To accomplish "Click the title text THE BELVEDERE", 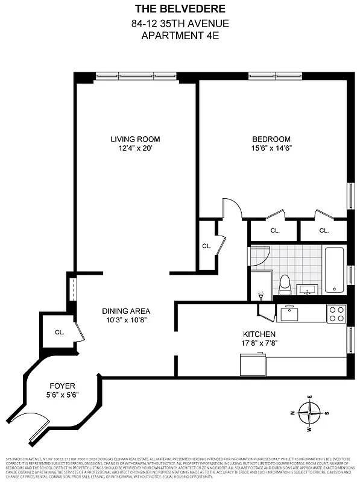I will point(180,9).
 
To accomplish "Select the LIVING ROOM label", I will point(135,139).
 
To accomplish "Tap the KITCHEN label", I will point(259,334).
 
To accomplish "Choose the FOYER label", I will point(63,386).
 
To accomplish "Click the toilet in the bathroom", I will point(285,284).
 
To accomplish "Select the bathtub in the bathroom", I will point(335,269).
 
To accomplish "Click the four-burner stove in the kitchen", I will point(336,313).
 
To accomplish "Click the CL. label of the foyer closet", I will point(59,332).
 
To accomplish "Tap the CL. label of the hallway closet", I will point(206,246).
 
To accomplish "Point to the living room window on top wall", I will point(136,76).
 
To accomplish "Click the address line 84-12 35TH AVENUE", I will point(180,23).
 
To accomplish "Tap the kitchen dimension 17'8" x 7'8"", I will point(259,343).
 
